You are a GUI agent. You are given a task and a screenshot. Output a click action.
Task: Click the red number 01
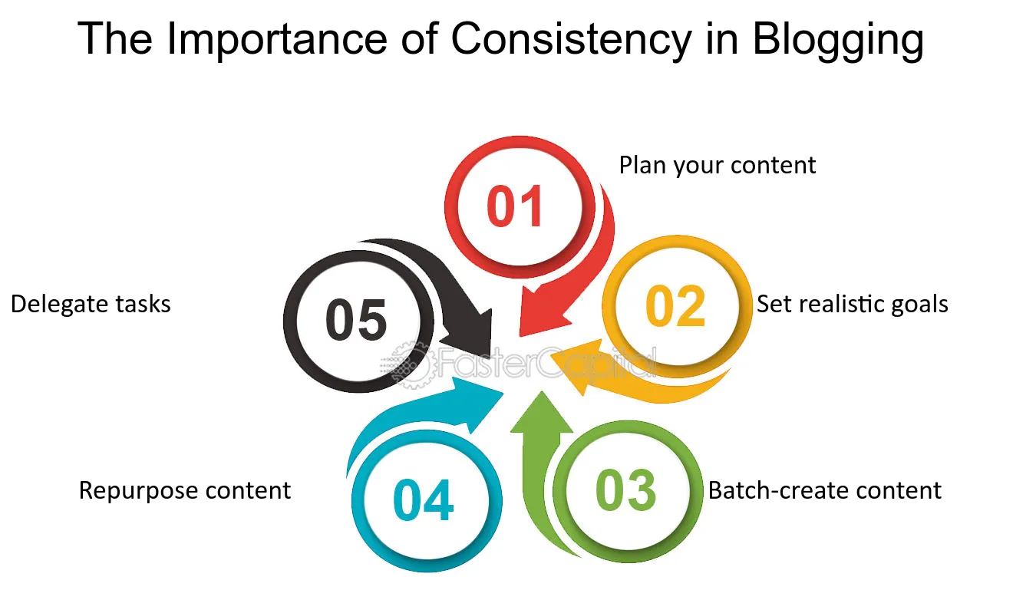(516, 206)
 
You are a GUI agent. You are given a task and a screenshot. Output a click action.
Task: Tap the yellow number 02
(675, 306)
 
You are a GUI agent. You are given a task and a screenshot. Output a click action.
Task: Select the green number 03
(625, 491)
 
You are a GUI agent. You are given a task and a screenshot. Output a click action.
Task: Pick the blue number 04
(423, 500)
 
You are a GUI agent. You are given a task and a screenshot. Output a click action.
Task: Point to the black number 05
(356, 321)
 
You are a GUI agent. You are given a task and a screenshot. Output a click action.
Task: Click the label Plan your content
(717, 165)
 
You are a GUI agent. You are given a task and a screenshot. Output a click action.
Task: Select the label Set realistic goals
(852, 304)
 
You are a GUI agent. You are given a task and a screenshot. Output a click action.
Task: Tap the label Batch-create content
(824, 490)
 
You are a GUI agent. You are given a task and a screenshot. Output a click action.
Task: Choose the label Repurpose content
(185, 490)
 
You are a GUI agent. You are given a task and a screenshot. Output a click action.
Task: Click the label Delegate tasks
(91, 304)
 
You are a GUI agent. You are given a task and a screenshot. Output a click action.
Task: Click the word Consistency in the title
(571, 40)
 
